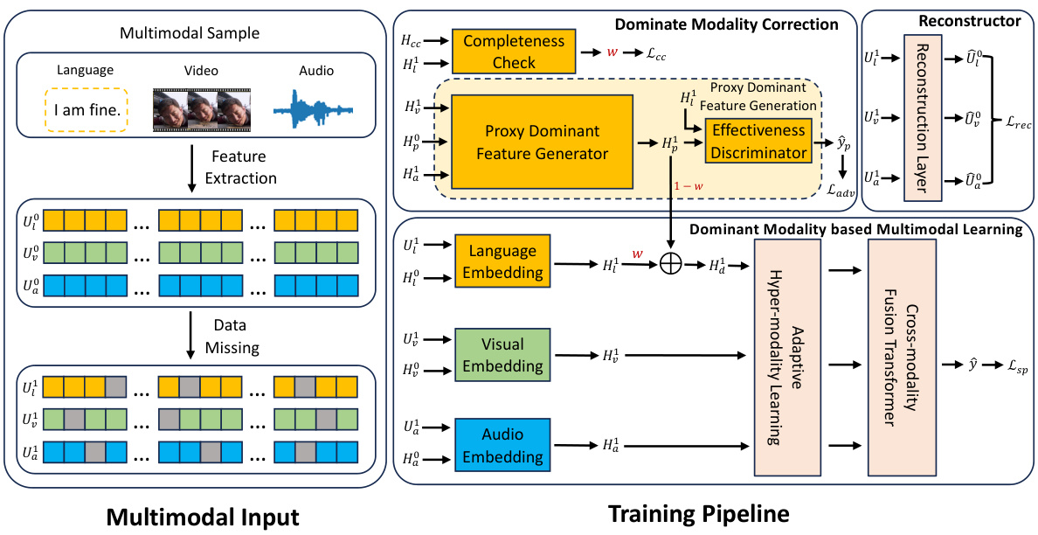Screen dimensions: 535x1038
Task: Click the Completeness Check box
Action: tap(513, 52)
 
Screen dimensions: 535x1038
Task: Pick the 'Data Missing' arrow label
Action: tap(232, 337)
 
